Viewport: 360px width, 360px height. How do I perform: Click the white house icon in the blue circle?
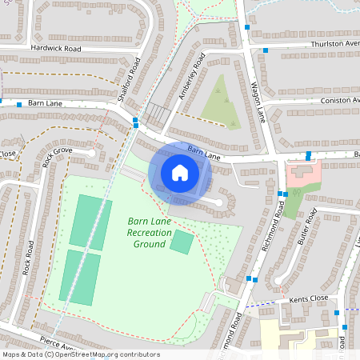[179, 172]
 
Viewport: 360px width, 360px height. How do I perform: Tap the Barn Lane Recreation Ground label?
[150, 232]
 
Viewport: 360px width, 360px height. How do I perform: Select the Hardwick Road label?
[56, 49]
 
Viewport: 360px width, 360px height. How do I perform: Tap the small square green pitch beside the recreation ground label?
[182, 242]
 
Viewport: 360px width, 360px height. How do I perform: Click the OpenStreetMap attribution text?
[80, 354]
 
